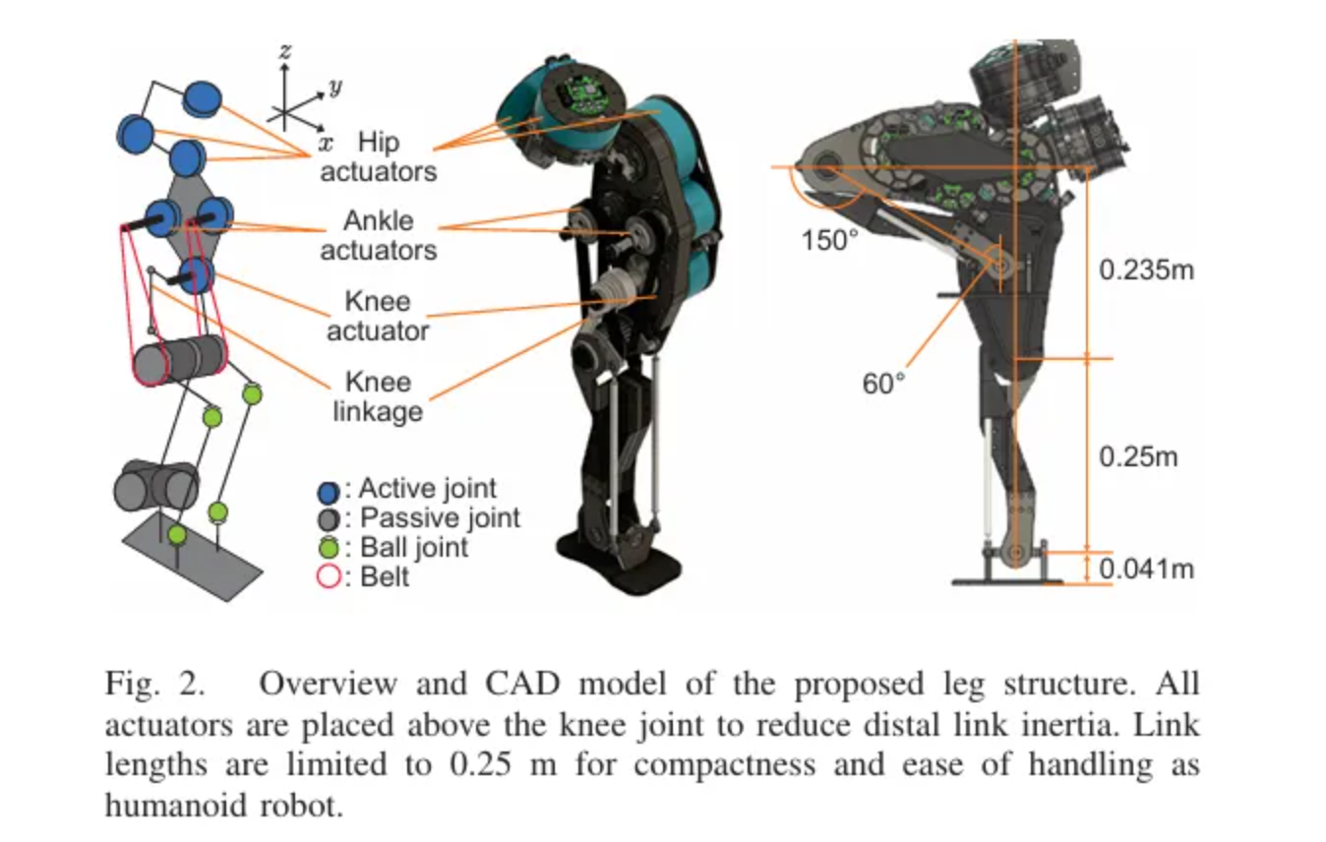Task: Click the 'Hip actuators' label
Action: (x=377, y=157)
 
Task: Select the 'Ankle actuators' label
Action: (x=378, y=235)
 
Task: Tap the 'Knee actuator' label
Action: (x=378, y=316)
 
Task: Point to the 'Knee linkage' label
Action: (x=377, y=396)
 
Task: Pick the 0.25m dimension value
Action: (x=1138, y=457)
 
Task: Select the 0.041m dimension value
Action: (x=1146, y=569)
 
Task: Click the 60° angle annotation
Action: (x=882, y=384)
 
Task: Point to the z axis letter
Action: (x=284, y=52)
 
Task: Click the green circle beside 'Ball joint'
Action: (x=329, y=549)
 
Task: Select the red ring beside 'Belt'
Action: (x=329, y=576)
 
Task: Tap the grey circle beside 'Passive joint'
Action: (x=329, y=519)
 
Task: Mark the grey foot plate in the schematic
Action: (x=193, y=555)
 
